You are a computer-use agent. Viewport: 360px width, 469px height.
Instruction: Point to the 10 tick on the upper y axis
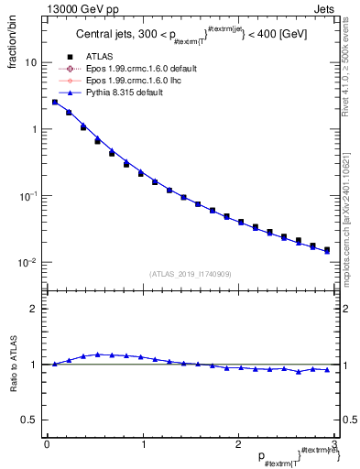click(x=31, y=62)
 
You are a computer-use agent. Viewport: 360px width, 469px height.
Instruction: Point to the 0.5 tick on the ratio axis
click(x=30, y=420)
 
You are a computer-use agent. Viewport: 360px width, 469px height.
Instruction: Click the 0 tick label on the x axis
click(x=47, y=444)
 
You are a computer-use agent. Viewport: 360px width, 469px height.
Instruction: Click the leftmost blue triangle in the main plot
click(x=54, y=102)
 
